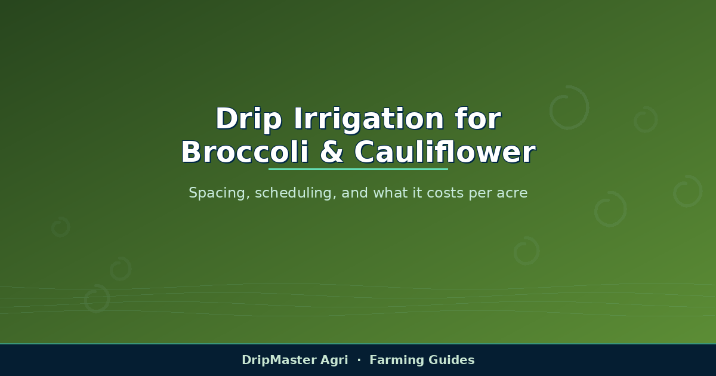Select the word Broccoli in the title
pos(245,152)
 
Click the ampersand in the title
pos(332,152)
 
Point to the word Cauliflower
pos(445,152)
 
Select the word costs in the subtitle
pos(445,193)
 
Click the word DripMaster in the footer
pos(279,360)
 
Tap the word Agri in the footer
pos(334,360)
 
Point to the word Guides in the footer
pos(451,360)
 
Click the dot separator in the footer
pos(359,360)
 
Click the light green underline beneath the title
pos(358,169)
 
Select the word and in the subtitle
pos(355,193)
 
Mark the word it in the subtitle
pos(417,193)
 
